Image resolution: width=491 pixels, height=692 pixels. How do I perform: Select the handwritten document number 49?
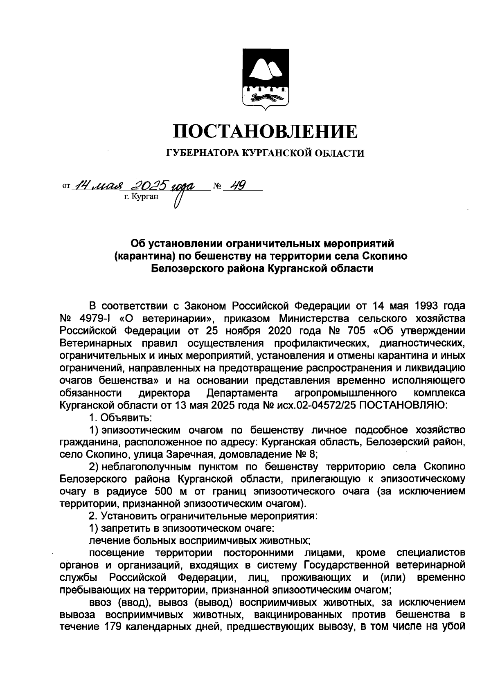236,186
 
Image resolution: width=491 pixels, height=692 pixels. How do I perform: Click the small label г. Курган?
140,197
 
